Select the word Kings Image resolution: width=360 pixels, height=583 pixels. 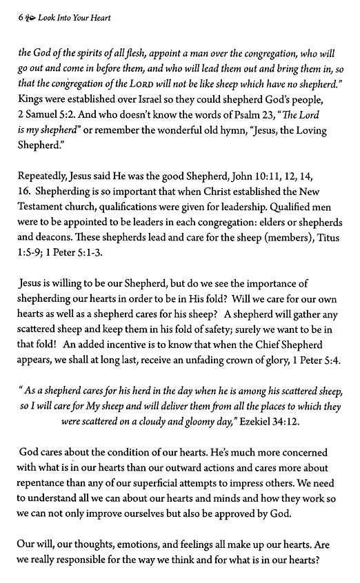coord(32,100)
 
